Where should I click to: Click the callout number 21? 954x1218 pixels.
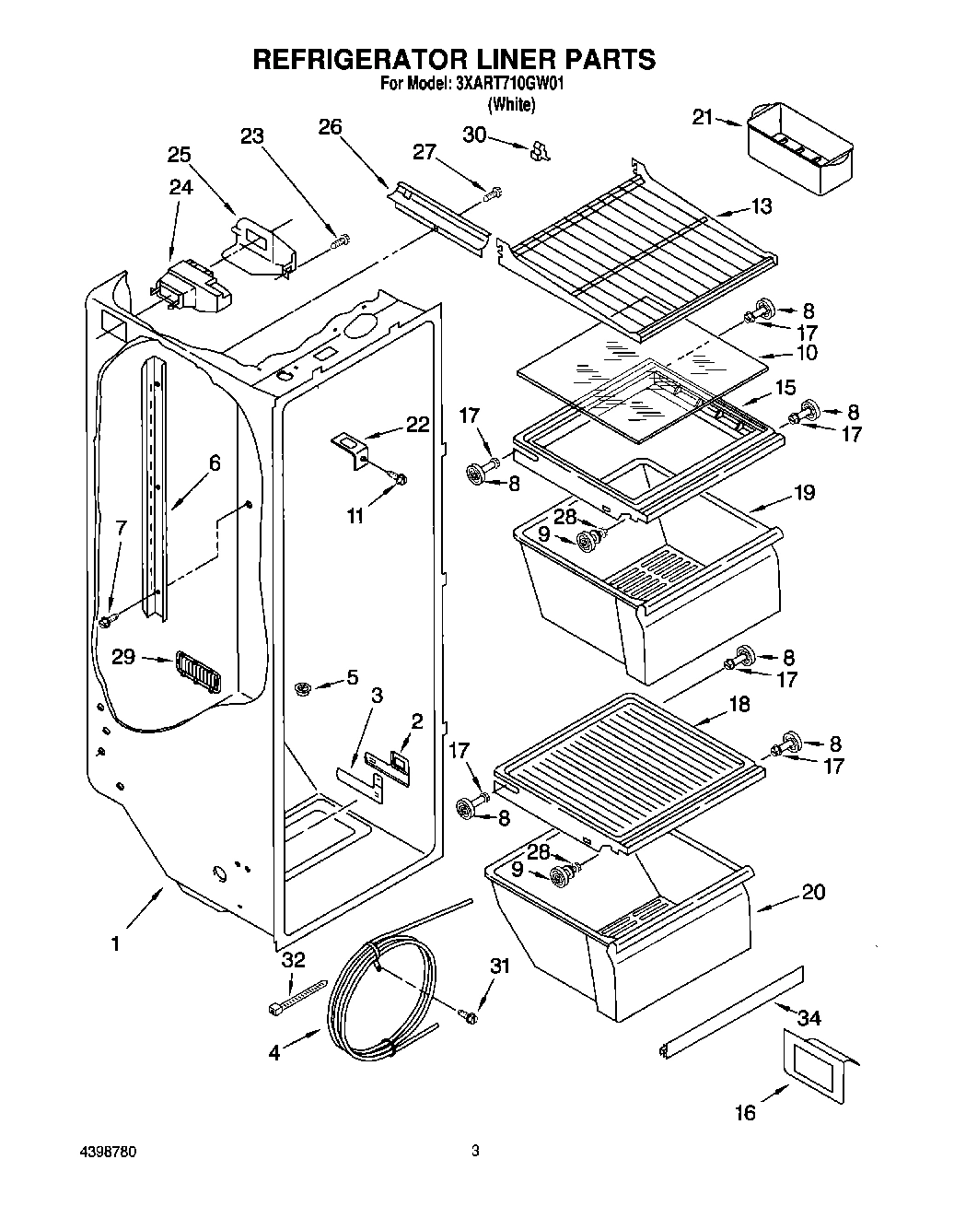(703, 117)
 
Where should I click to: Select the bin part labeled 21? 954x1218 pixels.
(797, 147)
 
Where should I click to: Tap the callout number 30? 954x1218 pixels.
(474, 135)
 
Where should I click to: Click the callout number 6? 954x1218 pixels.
(215, 463)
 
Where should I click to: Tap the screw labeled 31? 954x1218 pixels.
(470, 1016)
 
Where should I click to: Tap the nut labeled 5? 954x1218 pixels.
(302, 687)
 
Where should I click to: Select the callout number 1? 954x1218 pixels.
(115, 943)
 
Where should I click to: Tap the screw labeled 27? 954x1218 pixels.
(493, 193)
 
